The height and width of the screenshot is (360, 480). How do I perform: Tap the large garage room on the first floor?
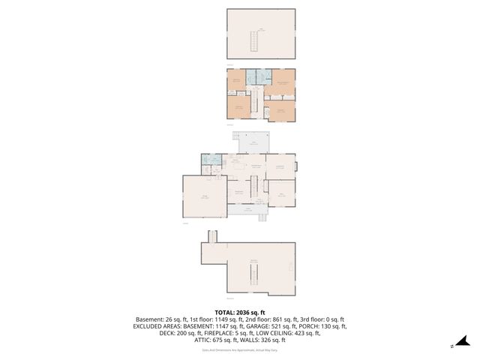pyautogui.click(x=204, y=197)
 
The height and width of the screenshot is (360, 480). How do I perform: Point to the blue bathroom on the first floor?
pyautogui.click(x=211, y=160)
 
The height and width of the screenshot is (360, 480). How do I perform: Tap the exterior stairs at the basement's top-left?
pyautogui.click(x=212, y=237)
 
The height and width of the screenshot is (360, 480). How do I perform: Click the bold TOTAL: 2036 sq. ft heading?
pyautogui.click(x=240, y=312)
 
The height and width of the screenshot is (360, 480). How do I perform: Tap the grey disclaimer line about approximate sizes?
pyautogui.click(x=240, y=349)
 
